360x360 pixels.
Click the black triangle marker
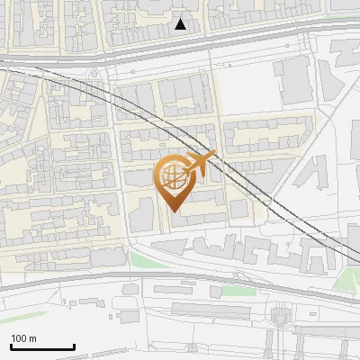(x=181, y=24)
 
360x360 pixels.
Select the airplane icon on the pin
(x=200, y=163)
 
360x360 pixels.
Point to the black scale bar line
(x=42, y=346)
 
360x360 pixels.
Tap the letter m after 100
(x=33, y=338)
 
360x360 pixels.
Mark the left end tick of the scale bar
(x=11, y=345)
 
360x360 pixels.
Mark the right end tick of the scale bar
(x=74, y=345)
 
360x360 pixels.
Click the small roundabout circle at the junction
(x=94, y=73)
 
